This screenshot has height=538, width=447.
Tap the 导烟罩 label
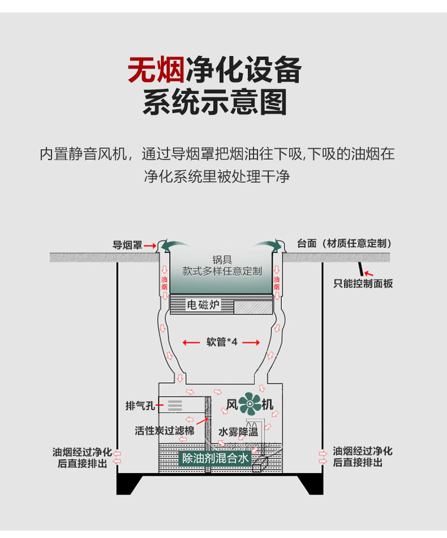coord(127,245)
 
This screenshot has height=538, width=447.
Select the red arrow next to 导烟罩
coord(149,246)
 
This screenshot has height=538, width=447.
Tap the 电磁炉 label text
coord(203,305)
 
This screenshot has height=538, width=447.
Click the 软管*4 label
coord(222,342)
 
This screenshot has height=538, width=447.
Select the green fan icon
coord(249,404)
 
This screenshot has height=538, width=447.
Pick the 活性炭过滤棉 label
coord(164,431)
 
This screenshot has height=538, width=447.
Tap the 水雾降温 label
coord(238,432)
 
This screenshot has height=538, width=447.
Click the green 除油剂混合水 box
coord(214,458)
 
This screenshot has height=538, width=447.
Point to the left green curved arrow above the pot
coord(173,244)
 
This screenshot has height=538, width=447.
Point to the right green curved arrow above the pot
coord(268,244)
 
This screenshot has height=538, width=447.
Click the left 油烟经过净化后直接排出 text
coord(81,457)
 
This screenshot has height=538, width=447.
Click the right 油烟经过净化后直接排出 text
coord(362,457)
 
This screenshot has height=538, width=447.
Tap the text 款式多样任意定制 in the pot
coord(222,271)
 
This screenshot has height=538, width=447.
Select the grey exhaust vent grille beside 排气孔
coord(174,405)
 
